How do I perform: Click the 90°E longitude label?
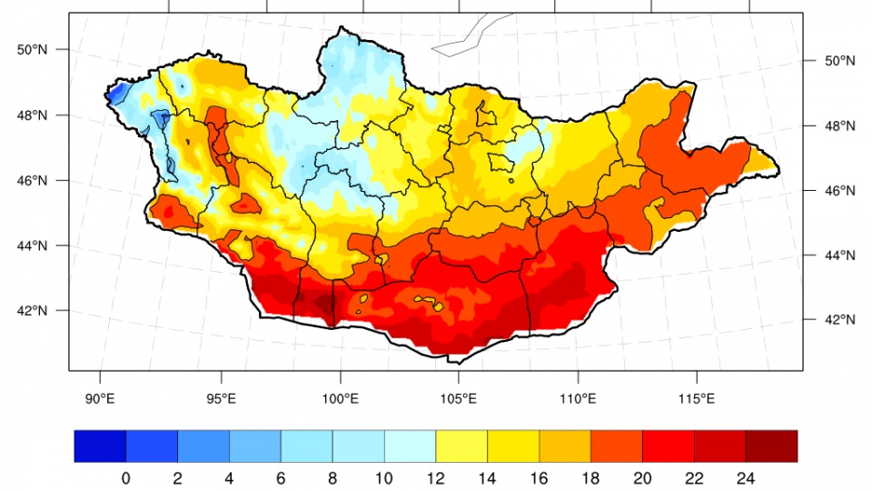click(x=100, y=398)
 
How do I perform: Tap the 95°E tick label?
click(x=222, y=398)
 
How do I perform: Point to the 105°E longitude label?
click(x=459, y=398)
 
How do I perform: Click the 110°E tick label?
click(x=579, y=398)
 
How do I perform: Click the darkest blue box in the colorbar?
click(x=100, y=446)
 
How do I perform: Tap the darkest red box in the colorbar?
click(x=771, y=446)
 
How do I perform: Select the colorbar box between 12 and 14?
click(x=461, y=446)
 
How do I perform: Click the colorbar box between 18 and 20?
click(x=616, y=446)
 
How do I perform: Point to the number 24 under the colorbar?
click(x=746, y=477)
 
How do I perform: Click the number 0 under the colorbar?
click(x=125, y=477)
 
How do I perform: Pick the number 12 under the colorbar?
click(x=435, y=477)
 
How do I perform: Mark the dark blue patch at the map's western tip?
click(x=115, y=93)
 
